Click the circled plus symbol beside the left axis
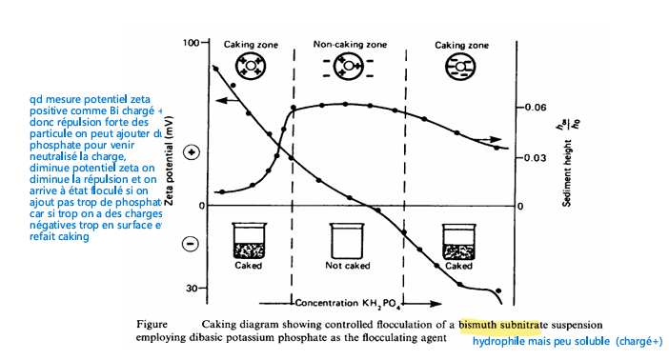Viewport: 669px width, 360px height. click(x=191, y=152)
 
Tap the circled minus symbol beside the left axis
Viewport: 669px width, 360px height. click(x=190, y=244)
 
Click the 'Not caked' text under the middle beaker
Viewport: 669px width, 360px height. click(x=348, y=266)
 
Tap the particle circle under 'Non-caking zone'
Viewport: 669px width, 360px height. click(x=349, y=67)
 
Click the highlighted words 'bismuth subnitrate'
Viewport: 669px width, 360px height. click(x=500, y=325)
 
